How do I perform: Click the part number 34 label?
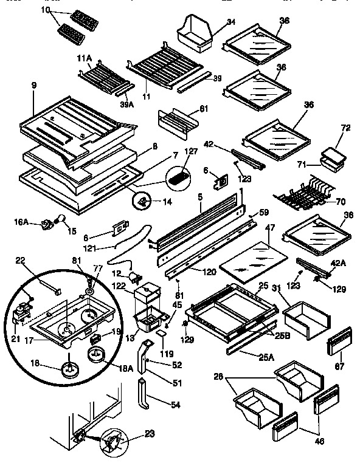point(214,23)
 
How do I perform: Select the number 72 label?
point(346,129)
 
